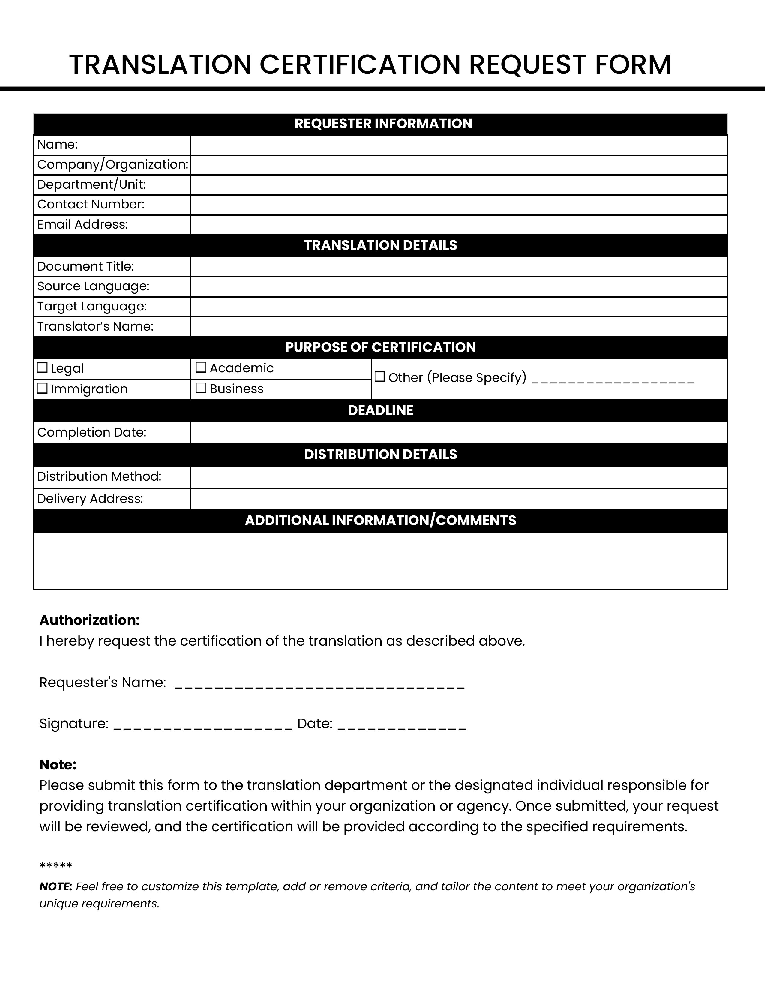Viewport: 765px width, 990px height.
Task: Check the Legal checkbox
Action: coord(42,367)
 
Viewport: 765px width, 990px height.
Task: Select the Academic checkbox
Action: coord(201,367)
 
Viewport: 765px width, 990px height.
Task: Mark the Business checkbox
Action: coord(201,388)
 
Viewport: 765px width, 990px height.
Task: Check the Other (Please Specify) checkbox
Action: coord(380,377)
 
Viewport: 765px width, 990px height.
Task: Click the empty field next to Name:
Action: coord(459,145)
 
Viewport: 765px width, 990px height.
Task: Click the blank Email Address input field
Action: coord(459,225)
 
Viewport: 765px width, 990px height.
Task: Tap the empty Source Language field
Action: coord(459,287)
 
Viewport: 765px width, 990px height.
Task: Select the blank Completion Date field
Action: coord(459,433)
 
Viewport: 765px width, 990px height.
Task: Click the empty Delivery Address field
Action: coord(459,499)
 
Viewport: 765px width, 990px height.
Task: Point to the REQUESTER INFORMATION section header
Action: coord(383,124)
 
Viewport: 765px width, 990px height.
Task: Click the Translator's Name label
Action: coord(95,327)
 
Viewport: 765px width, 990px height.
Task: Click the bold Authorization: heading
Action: coord(90,620)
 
